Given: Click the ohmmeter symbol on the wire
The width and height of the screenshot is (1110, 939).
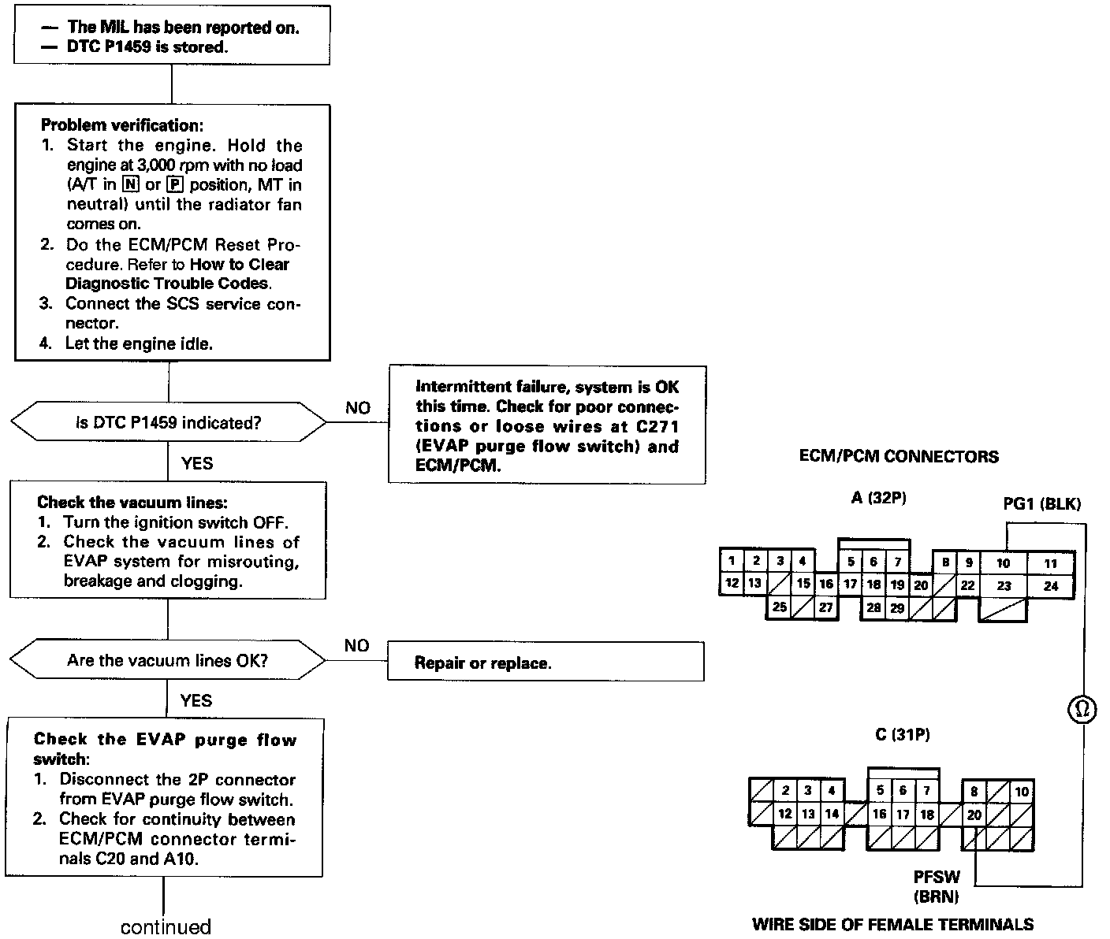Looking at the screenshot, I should click(x=1082, y=710).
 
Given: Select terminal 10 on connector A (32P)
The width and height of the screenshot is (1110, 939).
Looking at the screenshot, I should click(x=1003, y=563).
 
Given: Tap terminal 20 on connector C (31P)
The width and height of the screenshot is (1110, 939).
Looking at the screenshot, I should click(x=974, y=815).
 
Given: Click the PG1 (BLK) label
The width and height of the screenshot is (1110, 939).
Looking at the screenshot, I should click(x=1041, y=503).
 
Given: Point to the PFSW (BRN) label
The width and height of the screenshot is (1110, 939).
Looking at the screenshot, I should click(x=937, y=886).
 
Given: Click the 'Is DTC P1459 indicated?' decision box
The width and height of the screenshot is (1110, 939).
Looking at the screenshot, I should click(x=168, y=423).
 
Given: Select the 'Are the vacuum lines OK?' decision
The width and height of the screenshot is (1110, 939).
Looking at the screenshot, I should click(x=168, y=660).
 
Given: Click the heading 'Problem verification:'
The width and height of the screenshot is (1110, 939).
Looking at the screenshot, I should click(x=121, y=125).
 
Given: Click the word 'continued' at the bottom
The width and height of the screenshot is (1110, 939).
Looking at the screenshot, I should click(x=166, y=927).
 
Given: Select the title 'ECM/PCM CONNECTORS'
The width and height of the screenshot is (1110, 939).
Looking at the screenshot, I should click(x=899, y=457).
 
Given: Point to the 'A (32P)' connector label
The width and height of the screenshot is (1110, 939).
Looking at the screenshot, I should click(x=878, y=498).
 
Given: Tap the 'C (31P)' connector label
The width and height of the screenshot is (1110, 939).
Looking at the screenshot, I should click(x=903, y=735).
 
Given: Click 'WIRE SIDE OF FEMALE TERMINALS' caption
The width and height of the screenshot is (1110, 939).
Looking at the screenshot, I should click(x=892, y=925).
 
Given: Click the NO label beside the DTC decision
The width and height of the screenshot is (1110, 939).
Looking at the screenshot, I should click(x=357, y=408).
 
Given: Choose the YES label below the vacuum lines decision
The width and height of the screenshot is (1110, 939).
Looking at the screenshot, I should click(x=196, y=700).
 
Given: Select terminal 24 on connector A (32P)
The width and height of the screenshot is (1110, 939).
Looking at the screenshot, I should click(x=1051, y=586).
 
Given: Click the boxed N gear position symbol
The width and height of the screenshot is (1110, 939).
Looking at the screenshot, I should click(x=132, y=185).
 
